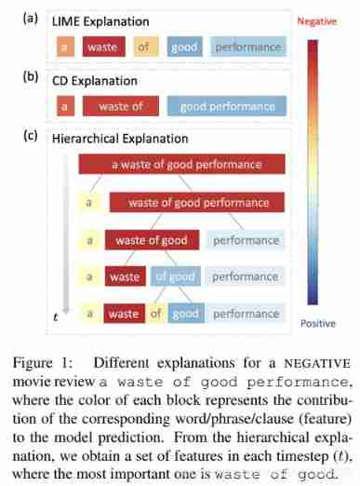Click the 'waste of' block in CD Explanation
pos(121,106)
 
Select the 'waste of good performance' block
pos(199,201)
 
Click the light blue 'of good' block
pos(175,277)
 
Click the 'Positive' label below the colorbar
pos(321,324)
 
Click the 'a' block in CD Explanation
pos(66,106)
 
